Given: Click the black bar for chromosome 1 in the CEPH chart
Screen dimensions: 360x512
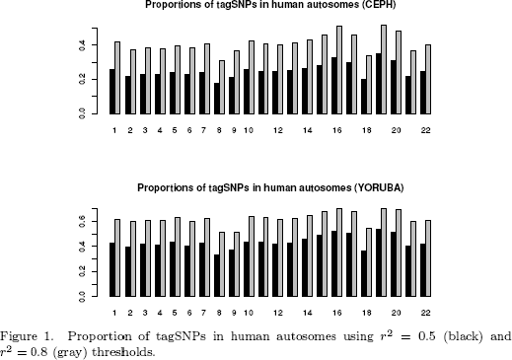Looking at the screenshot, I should (111, 92).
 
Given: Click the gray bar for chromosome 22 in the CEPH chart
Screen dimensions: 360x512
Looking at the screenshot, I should (428, 80).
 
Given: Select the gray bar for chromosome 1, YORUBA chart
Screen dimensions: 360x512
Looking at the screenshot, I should (118, 257).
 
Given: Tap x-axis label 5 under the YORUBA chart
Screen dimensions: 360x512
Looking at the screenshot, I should (175, 312).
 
